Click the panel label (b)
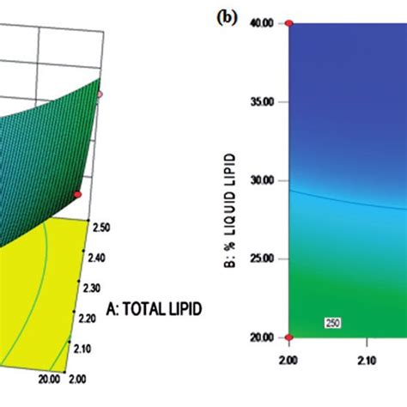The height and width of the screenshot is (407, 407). click(x=228, y=15)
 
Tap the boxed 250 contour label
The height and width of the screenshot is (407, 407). click(x=333, y=322)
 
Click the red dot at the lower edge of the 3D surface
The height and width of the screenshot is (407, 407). click(x=77, y=195)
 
